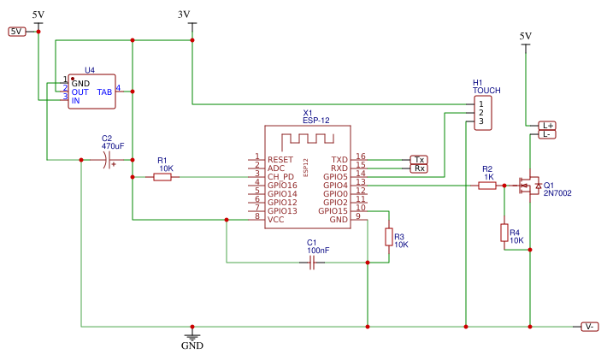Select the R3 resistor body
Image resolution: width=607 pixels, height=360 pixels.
pos(388,237)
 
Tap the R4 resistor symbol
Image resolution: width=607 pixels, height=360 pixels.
pos(504,233)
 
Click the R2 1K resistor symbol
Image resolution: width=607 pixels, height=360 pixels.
pos(487,186)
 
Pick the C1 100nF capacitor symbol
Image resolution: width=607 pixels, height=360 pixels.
pos(312,263)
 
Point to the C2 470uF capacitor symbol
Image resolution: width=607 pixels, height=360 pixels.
pos(107,160)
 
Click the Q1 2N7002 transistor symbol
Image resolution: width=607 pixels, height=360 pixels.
pos(527,185)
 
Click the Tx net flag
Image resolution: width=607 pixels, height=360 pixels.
pos(419,160)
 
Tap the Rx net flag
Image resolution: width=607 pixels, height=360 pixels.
pos(419,168)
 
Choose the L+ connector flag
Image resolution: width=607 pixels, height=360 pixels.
pos(547,126)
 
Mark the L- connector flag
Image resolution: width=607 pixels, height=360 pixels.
pos(547,134)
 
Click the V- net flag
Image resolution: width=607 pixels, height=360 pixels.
pos(590,327)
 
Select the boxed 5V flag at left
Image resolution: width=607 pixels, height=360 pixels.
pos(17,32)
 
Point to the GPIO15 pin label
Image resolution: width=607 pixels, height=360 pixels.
pos(333,211)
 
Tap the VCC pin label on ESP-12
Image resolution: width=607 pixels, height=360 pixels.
pos(276,220)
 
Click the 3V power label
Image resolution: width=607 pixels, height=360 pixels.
pos(184,15)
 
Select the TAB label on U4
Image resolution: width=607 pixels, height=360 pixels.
pos(104,91)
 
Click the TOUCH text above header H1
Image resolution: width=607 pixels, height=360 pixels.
pos(487,90)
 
